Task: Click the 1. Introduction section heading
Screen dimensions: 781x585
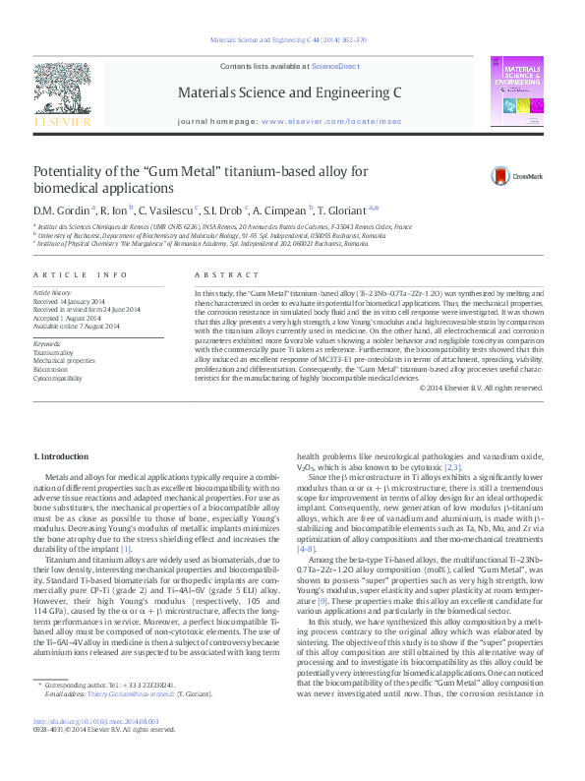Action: (61, 457)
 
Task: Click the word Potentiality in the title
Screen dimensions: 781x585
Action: (72, 171)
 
